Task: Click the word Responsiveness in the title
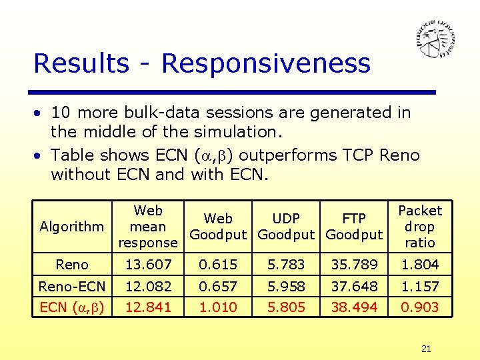pos(265,64)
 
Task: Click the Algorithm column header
pos(71,227)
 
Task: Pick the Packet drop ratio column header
pos(419,227)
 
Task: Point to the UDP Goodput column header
pos(285,227)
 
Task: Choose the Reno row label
pos(72,265)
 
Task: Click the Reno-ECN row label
pos(72,286)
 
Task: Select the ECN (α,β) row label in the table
pos(72,307)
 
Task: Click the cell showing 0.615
pos(218,265)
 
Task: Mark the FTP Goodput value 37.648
pos(353,286)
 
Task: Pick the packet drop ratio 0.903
pos(421,307)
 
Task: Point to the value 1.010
pos(218,307)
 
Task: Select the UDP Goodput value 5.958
pos(285,286)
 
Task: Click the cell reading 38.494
pos(353,307)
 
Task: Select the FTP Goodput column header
pos(353,227)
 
